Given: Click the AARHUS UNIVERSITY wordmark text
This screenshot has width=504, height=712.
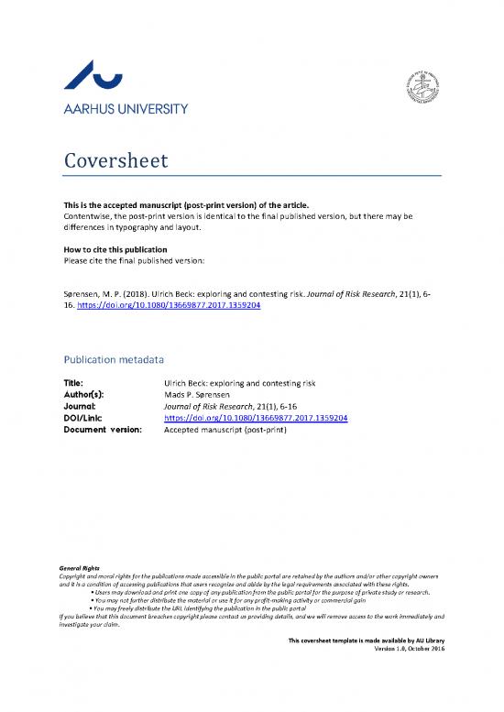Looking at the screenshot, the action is pos(124,108).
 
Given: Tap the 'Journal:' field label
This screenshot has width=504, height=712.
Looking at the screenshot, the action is pos(77,407).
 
